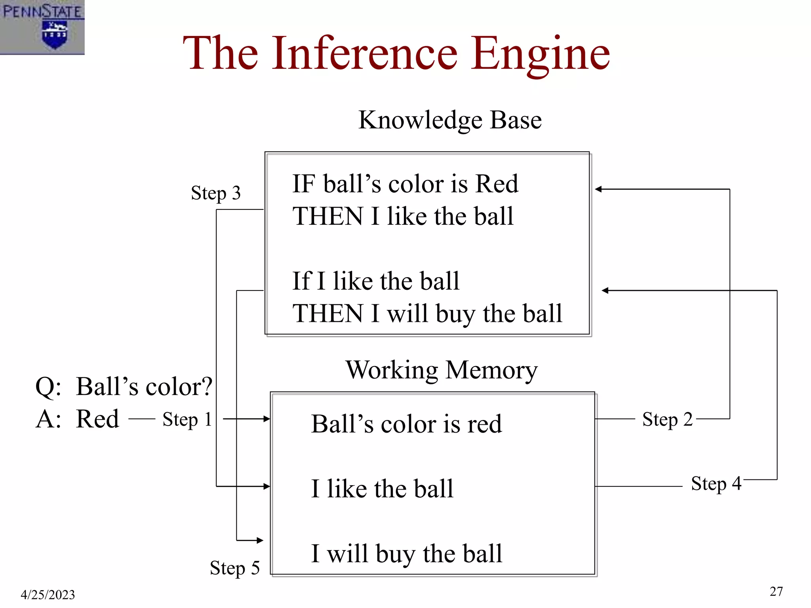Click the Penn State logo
click(x=42, y=27)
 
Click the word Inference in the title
click(x=364, y=53)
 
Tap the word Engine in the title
click(x=540, y=53)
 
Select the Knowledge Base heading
click(x=450, y=120)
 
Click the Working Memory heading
click(x=442, y=370)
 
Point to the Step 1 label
click(x=187, y=419)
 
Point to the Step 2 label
click(x=667, y=419)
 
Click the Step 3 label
click(x=216, y=193)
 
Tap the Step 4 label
click(x=716, y=483)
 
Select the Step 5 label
click(x=235, y=568)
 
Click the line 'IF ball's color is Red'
click(x=405, y=184)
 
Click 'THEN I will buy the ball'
click(x=427, y=313)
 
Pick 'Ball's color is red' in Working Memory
click(x=406, y=424)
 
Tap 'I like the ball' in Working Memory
click(x=382, y=488)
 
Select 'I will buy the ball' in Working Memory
click(x=406, y=553)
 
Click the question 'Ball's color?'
click(x=144, y=387)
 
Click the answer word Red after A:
click(x=97, y=419)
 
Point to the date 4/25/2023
click(x=48, y=595)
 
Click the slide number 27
click(x=776, y=591)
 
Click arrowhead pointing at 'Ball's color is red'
click(x=267, y=419)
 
